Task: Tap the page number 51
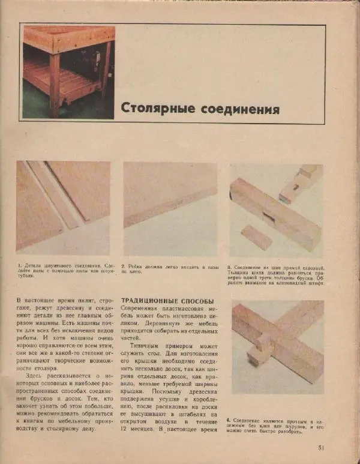[x=320, y=447]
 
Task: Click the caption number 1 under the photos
[x=19, y=265]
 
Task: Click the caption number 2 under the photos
[x=124, y=265]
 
